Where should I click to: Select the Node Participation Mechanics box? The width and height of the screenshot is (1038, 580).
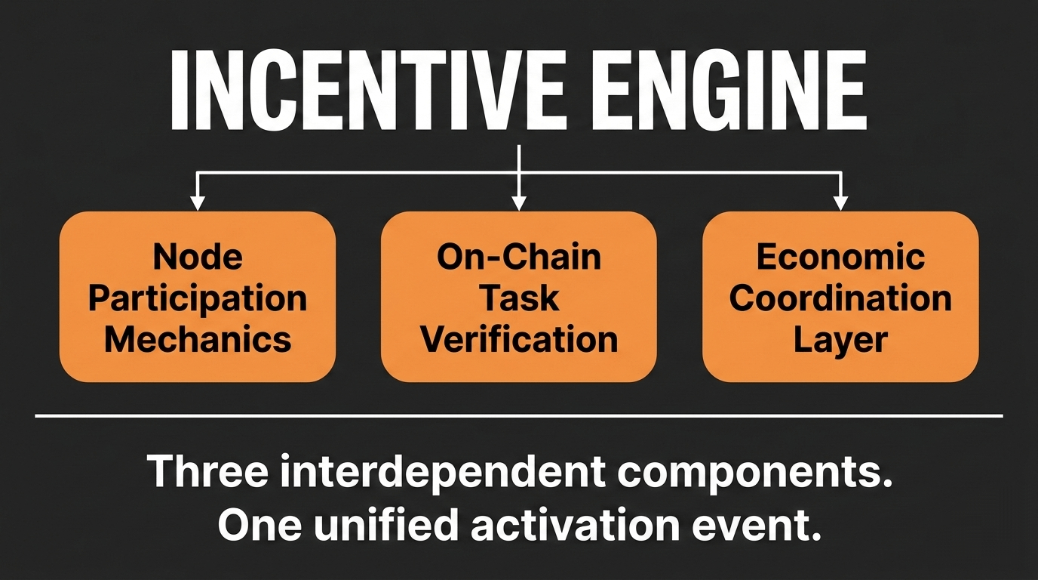[x=198, y=297]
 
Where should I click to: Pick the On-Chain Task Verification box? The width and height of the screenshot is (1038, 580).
[x=519, y=297]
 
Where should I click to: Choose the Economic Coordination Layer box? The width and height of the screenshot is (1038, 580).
[x=840, y=297]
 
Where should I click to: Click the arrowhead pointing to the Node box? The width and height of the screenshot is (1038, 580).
[x=198, y=202]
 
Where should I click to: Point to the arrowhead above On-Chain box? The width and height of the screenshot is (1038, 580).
[x=518, y=202]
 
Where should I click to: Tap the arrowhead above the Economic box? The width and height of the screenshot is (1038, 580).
[x=840, y=202]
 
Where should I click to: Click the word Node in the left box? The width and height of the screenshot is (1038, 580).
[x=198, y=258]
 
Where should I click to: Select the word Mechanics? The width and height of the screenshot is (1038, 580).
[x=198, y=339]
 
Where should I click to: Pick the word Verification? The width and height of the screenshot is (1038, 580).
[x=519, y=339]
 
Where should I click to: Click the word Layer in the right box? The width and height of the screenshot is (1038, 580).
[x=840, y=339]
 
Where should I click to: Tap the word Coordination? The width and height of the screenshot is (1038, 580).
[x=840, y=298]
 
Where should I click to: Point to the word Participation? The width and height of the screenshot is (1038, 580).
[x=198, y=298]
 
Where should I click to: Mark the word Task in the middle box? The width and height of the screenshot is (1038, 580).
[x=519, y=298]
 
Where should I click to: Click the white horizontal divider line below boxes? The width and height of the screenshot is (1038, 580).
[x=519, y=415]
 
